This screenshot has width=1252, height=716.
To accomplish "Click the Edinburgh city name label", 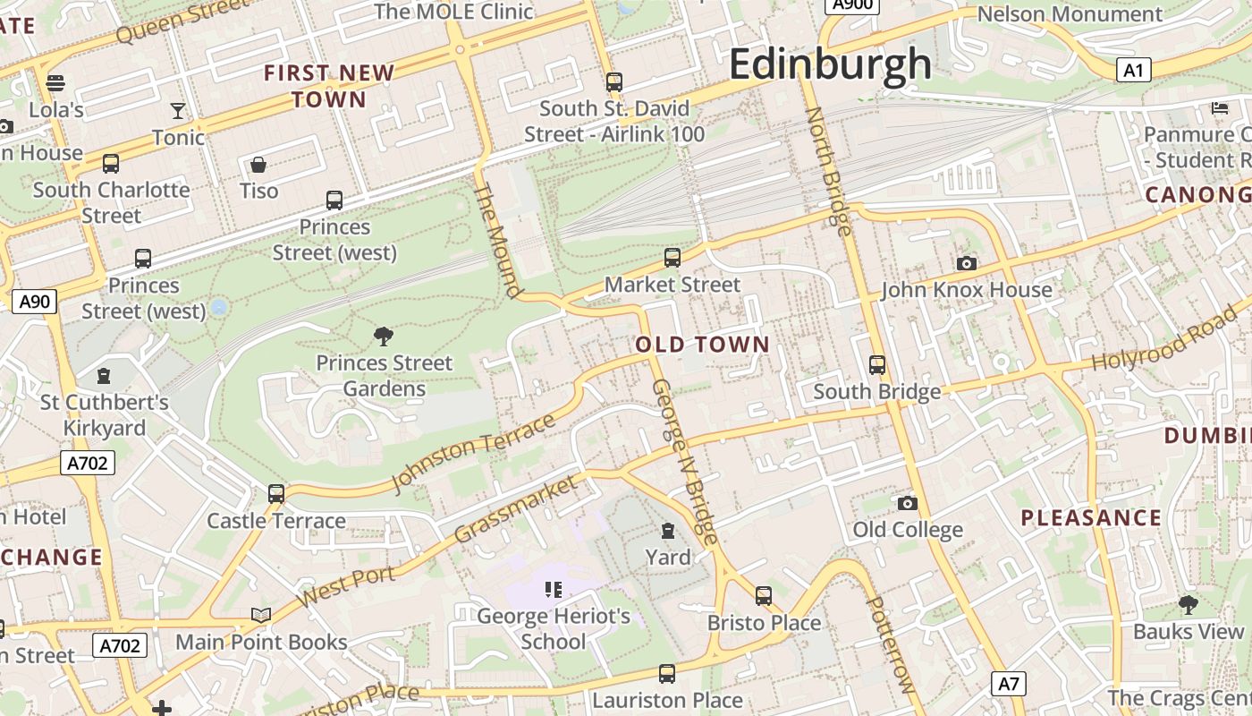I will pyautogui.click(x=830, y=64).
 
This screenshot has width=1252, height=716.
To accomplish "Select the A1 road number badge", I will pyautogui.click(x=1133, y=70).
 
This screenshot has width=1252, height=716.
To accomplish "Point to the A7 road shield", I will pyautogui.click(x=1008, y=685).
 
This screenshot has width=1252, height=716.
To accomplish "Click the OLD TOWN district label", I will pyautogui.click(x=702, y=345).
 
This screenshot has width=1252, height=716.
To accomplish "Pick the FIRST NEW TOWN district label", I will pyautogui.click(x=329, y=86).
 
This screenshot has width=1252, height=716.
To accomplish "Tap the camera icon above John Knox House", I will pyautogui.click(x=966, y=263).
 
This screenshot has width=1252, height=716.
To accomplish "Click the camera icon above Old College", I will pyautogui.click(x=907, y=503).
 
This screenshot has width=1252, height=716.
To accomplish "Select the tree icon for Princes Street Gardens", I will pyautogui.click(x=384, y=337).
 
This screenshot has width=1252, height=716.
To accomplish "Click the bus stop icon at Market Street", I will pyautogui.click(x=673, y=258).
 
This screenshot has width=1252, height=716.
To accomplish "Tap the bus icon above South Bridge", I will pyautogui.click(x=876, y=365).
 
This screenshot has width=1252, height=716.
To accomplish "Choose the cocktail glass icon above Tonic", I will pyautogui.click(x=178, y=111).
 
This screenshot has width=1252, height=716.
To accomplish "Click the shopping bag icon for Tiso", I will pyautogui.click(x=258, y=165).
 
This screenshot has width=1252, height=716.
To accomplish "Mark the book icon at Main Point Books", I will pyautogui.click(x=260, y=615).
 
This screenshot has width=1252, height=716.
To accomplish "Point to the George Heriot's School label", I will pyautogui.click(x=553, y=628).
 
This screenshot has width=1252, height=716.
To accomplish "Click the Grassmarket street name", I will pyautogui.click(x=516, y=509).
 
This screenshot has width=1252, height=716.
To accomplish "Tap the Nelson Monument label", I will pyautogui.click(x=1070, y=14).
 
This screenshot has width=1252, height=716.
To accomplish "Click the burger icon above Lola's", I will pyautogui.click(x=55, y=83).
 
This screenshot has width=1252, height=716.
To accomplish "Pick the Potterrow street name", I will pyautogui.click(x=891, y=644).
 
